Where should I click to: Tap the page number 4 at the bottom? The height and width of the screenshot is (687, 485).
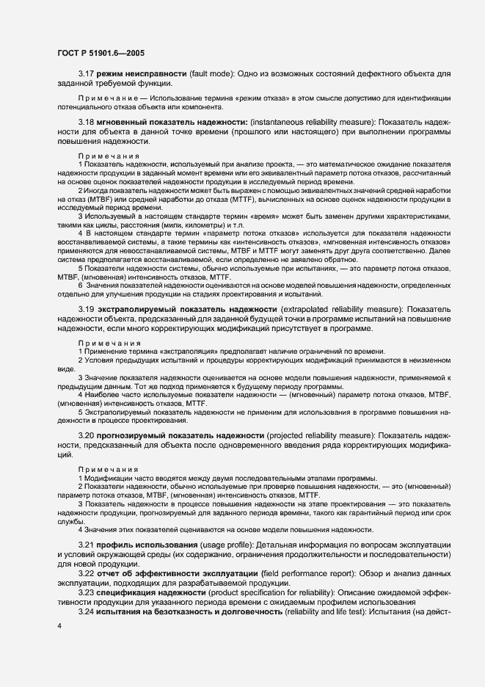click(x=59, y=625)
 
